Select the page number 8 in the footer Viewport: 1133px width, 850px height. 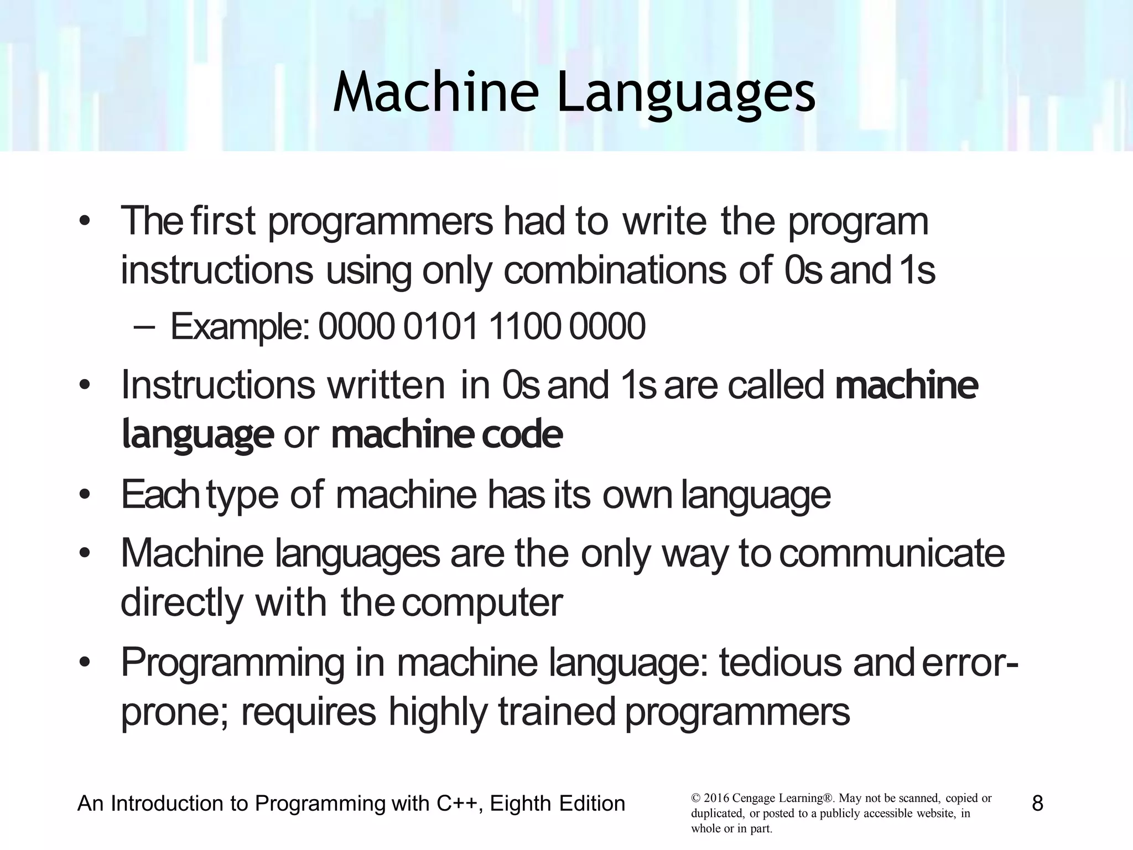(1037, 803)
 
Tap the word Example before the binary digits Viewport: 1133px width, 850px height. (237, 326)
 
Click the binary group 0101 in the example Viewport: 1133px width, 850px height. (440, 326)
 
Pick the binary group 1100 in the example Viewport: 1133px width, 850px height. (523, 326)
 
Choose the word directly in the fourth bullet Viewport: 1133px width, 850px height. (181, 603)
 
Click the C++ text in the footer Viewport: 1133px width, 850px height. (456, 803)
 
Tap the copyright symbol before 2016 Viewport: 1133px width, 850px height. (695, 799)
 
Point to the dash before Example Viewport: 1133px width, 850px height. (144, 326)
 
